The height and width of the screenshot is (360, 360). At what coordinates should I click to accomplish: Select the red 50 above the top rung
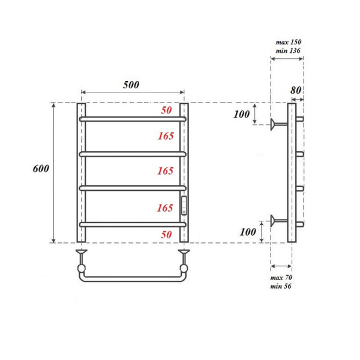point(166,111)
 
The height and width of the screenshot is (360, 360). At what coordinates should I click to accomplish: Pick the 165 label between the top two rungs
point(166,136)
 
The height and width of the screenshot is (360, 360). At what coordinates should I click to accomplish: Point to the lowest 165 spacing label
point(166,208)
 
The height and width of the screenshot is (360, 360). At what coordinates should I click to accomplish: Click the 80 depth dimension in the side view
point(295,90)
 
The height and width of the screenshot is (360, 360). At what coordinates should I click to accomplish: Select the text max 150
point(288,42)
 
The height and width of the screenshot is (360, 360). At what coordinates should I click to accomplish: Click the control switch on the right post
point(185,205)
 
